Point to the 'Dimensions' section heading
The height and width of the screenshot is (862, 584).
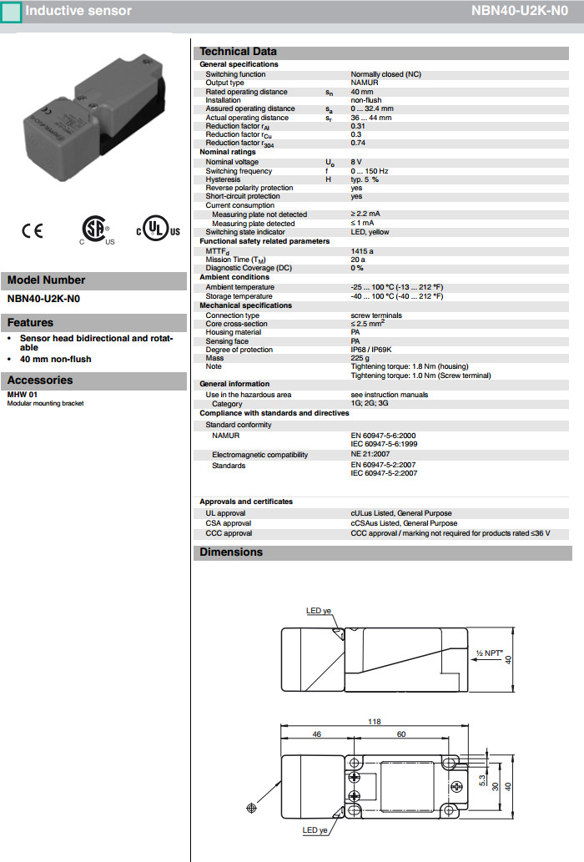point(231,552)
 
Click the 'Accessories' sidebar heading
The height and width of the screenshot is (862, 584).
point(40,381)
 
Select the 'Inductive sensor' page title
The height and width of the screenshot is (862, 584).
point(78,11)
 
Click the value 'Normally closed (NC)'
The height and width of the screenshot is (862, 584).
point(385,74)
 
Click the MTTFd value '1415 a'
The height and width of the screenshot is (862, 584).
point(363,250)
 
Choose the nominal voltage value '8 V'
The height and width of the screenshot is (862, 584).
point(356,162)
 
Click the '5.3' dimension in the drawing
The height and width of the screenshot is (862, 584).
point(481,778)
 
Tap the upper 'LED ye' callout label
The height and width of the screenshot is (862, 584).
point(319,611)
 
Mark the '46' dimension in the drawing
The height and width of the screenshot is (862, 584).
point(317,734)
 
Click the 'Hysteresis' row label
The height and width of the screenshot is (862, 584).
point(223,179)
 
